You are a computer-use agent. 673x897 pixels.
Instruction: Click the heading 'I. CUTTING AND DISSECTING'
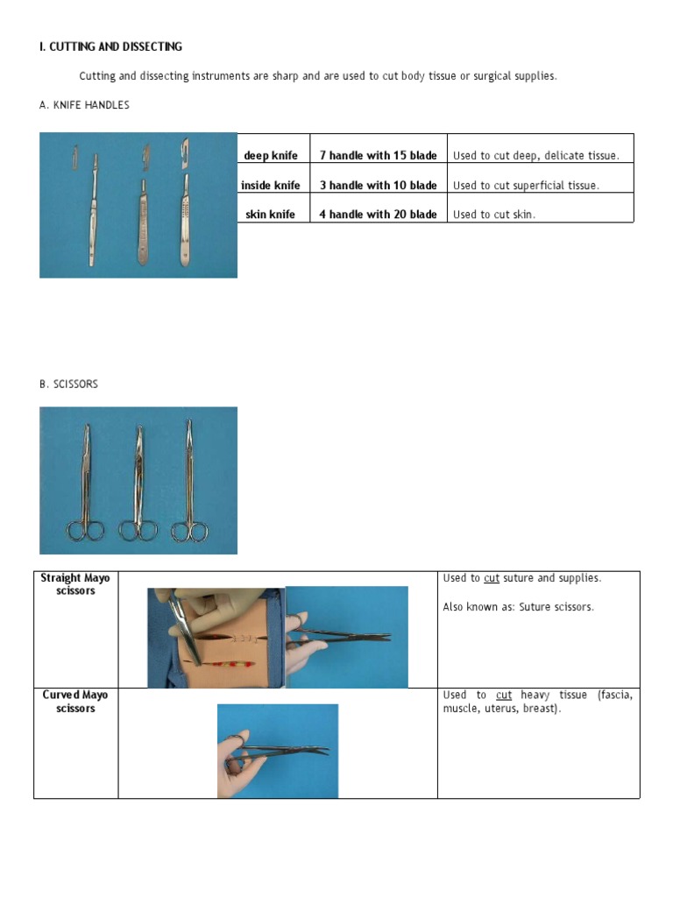pos(110,46)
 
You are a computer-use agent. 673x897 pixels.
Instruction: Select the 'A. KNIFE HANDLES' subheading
pos(84,105)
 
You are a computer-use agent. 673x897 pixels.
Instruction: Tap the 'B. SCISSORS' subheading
pos(68,384)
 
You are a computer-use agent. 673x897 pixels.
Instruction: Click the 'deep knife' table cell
pos(271,155)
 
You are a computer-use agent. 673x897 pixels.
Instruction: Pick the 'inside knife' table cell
pos(271,185)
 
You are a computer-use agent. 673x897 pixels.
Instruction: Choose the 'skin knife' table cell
pos(271,214)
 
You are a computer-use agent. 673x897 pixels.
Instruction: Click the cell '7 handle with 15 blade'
pos(378,155)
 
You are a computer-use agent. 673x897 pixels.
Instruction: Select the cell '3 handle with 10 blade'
pos(378,185)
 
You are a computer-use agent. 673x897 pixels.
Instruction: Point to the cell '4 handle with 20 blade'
pos(378,214)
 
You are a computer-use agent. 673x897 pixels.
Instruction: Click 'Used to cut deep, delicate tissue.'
pos(535,155)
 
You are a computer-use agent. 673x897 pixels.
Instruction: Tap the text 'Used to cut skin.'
pos(493,214)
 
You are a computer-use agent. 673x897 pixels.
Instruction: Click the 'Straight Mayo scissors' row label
pos(75,584)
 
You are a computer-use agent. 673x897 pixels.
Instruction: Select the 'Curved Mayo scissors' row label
pos(75,701)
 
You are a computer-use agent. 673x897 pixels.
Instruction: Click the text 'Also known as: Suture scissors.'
pos(518,607)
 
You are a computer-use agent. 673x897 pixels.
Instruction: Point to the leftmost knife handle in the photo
pos(92,210)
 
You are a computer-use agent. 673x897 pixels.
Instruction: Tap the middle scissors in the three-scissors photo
pos(138,482)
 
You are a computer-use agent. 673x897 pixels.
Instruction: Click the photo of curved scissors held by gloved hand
pos(277,751)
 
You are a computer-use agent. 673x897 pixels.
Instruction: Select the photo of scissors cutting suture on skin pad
pos(216,637)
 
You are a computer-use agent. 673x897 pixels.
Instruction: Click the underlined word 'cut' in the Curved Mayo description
pos(504,695)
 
